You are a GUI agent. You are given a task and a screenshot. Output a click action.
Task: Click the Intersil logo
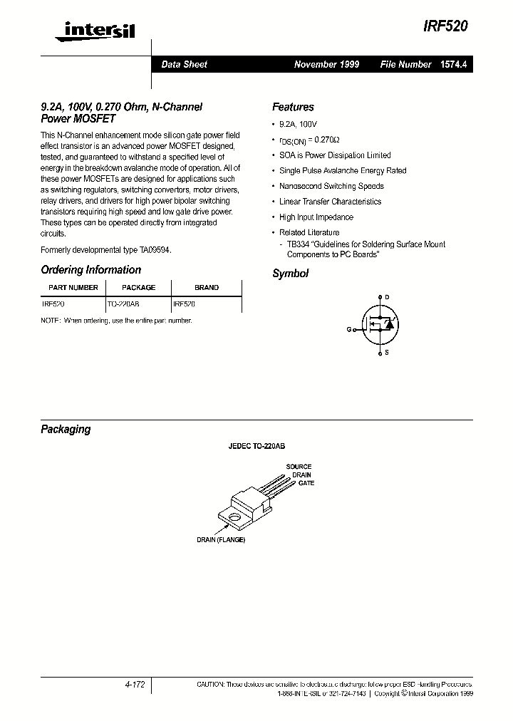pyautogui.click(x=88, y=29)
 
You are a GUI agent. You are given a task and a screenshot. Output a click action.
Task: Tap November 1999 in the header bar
pyautogui.click(x=326, y=65)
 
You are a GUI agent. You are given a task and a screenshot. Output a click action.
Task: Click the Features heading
pyautogui.click(x=293, y=108)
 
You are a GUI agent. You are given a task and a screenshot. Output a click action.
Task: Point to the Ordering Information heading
pyautogui.click(x=91, y=270)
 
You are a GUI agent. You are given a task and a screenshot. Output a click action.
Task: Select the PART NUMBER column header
pyautogui.click(x=73, y=288)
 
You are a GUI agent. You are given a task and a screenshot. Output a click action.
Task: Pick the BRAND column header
pyautogui.click(x=207, y=288)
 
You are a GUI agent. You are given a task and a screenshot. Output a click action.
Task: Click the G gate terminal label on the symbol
pyautogui.click(x=349, y=329)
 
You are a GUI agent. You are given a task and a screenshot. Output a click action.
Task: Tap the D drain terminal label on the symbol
pyautogui.click(x=388, y=297)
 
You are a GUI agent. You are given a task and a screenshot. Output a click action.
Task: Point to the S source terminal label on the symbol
pyautogui.click(x=387, y=353)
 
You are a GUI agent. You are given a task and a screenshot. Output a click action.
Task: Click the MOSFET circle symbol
pyautogui.click(x=378, y=324)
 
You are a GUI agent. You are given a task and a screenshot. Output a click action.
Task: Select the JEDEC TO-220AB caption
pyautogui.click(x=256, y=447)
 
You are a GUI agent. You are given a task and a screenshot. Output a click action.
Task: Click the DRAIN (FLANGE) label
pyautogui.click(x=221, y=540)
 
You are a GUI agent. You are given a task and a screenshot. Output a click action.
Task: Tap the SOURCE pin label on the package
pyautogui.click(x=299, y=467)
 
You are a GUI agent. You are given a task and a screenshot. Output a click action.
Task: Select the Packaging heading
pyautogui.click(x=66, y=430)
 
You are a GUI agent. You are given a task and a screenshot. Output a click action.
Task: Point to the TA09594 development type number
pyautogui.click(x=154, y=250)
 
